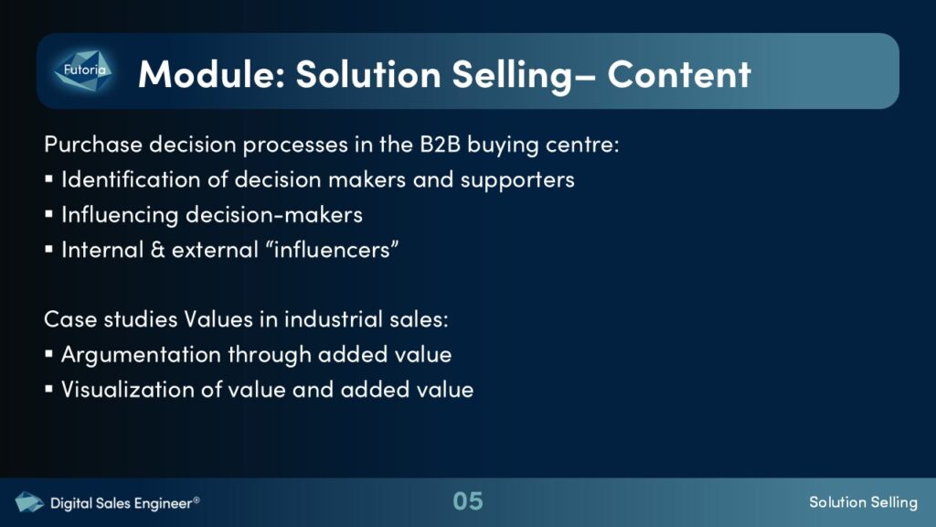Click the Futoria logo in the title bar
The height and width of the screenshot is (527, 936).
[83, 70]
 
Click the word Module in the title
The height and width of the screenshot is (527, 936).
[207, 74]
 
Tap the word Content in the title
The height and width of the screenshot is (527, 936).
[679, 74]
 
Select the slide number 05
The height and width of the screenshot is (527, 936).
[467, 501]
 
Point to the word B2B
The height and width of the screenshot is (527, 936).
[440, 144]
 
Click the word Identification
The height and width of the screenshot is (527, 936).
[131, 179]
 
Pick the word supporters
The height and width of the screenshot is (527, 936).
[517, 180]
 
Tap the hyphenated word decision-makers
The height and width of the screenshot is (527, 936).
[274, 214]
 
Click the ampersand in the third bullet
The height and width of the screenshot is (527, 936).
[157, 250]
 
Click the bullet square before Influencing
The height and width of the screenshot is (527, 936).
[49, 214]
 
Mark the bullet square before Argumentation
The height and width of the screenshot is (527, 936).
[49, 354]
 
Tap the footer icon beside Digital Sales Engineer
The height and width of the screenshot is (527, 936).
[28, 502]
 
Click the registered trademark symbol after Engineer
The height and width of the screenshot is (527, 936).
[197, 500]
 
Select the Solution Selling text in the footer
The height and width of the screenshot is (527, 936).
[863, 502]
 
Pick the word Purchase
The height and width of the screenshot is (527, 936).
[93, 145]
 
